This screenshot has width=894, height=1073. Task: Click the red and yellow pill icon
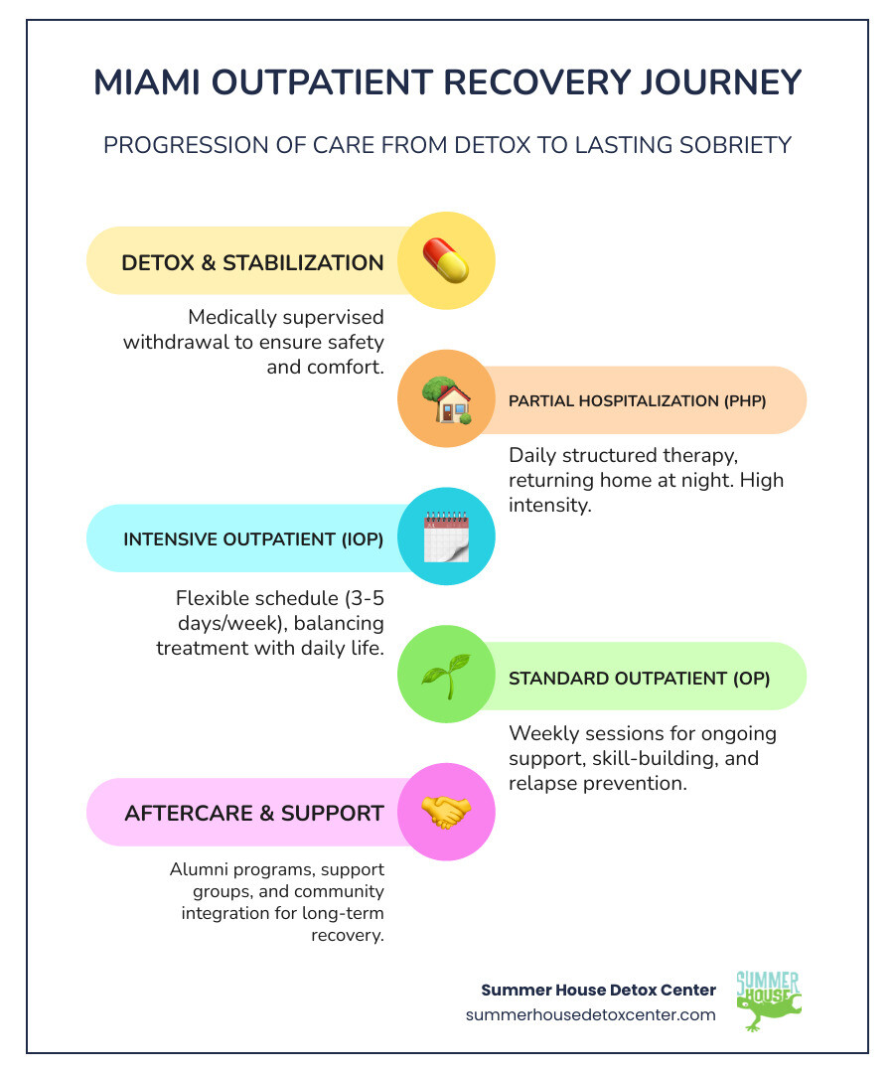point(446,260)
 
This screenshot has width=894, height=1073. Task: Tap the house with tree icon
point(446,400)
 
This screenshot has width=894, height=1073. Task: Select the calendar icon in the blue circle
point(446,537)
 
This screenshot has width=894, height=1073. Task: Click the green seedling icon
point(446,677)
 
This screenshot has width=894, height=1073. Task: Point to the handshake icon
point(446,812)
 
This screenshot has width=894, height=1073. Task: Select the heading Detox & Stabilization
point(252,263)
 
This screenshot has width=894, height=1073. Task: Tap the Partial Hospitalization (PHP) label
point(638,401)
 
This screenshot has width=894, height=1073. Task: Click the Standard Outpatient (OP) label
point(639,679)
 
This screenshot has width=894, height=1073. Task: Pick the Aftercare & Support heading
point(254,813)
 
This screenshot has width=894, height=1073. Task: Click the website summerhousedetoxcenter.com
point(590,1014)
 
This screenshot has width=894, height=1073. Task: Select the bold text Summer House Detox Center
point(598,990)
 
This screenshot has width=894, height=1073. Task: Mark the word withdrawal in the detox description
point(176,342)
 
